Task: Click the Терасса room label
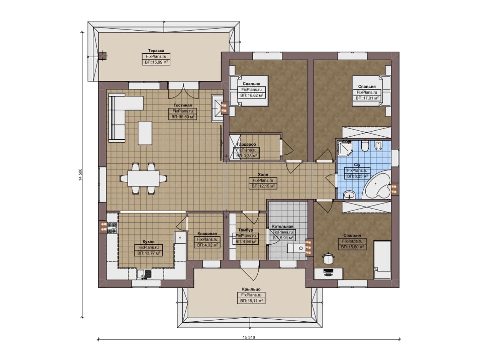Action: click(156, 51)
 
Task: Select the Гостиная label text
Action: click(183, 105)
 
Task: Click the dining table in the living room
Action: click(143, 179)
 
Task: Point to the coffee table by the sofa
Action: click(145, 133)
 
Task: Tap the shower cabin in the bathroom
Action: click(345, 148)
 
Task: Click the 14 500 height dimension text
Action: click(81, 174)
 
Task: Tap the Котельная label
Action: click(283, 226)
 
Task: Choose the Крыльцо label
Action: click(251, 289)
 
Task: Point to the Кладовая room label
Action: click(207, 233)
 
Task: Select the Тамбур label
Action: click(245, 230)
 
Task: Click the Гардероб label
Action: click(246, 145)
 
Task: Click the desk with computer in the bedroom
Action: click(328, 273)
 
